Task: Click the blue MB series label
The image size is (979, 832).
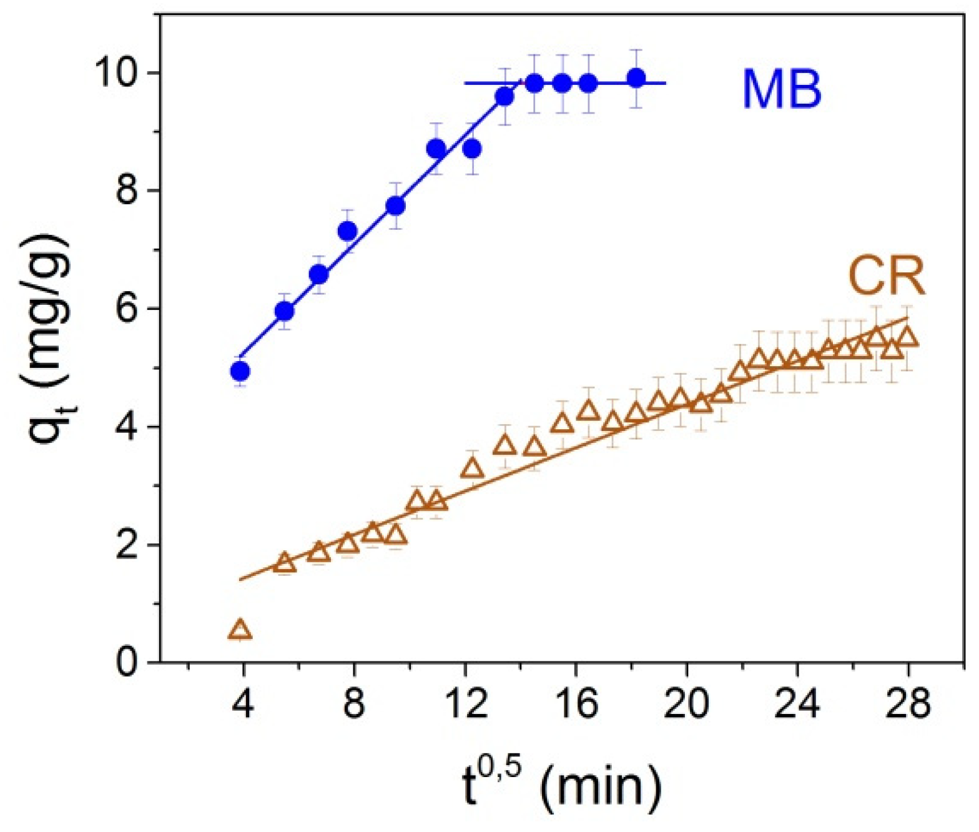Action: tap(782, 89)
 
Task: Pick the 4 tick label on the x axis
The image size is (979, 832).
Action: tap(243, 704)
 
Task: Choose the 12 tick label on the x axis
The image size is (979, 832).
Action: tap(465, 704)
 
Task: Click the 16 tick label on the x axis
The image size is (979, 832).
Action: tap(576, 704)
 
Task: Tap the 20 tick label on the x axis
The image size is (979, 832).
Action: tap(686, 704)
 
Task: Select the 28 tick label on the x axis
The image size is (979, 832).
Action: tap(908, 704)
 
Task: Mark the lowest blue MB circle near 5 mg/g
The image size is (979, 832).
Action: tap(240, 372)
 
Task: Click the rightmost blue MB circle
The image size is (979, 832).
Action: tap(636, 78)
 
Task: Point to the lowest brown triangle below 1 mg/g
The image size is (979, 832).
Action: tap(240, 630)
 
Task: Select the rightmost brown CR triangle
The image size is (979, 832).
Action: tap(907, 337)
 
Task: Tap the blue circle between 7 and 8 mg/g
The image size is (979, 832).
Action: tap(348, 231)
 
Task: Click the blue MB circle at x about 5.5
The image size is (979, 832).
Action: tap(285, 310)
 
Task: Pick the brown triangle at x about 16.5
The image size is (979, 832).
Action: tap(588, 411)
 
